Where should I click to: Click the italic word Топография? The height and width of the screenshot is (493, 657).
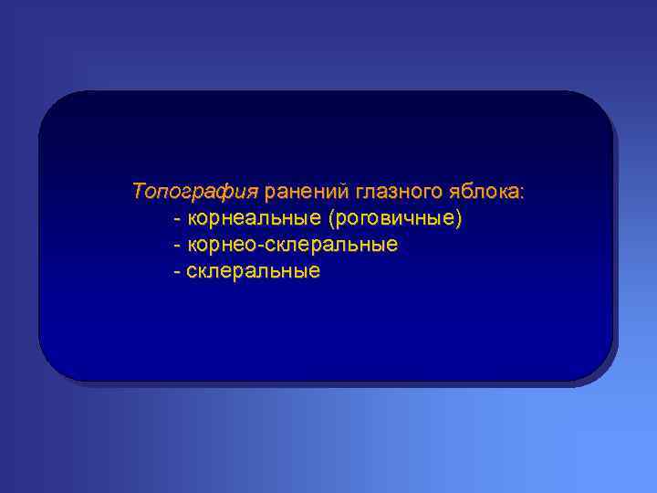pyautogui.click(x=195, y=193)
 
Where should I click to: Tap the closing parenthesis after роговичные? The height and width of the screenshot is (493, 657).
pyautogui.click(x=460, y=219)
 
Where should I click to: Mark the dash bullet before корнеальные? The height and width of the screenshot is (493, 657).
pyautogui.click(x=176, y=220)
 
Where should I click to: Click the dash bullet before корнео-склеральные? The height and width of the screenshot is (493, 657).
pyautogui.click(x=176, y=246)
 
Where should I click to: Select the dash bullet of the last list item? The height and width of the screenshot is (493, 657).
pyautogui.click(x=176, y=272)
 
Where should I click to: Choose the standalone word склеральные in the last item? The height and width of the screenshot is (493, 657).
pyautogui.click(x=254, y=271)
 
